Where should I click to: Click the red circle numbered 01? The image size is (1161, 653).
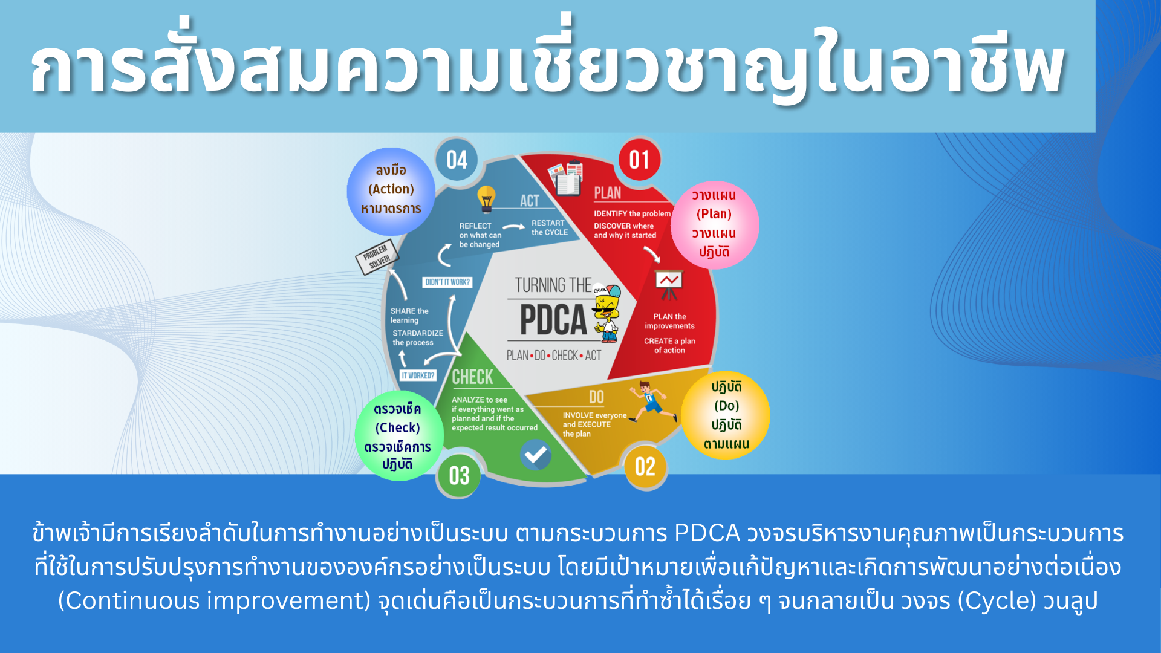click(x=639, y=160)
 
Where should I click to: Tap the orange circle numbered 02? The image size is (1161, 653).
click(x=645, y=467)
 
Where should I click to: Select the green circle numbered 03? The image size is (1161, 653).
click(x=459, y=476)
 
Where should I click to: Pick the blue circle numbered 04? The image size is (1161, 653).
click(x=457, y=160)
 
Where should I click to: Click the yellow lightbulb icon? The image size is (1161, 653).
click(x=487, y=200)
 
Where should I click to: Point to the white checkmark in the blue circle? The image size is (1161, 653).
click(x=536, y=455)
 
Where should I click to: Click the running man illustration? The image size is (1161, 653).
click(x=652, y=402)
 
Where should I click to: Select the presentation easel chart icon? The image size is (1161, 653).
click(x=669, y=285)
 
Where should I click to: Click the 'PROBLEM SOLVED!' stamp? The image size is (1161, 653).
click(x=377, y=257)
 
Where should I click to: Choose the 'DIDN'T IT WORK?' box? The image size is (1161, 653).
click(x=447, y=282)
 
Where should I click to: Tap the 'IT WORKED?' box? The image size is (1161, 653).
click(x=418, y=375)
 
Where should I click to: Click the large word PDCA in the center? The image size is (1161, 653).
click(x=553, y=320)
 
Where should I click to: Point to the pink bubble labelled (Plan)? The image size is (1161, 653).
click(x=715, y=224)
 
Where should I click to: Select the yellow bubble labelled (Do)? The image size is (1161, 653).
click(x=726, y=415)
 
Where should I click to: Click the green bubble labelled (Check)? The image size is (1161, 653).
click(x=398, y=436)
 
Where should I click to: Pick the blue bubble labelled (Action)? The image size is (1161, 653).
click(x=391, y=191)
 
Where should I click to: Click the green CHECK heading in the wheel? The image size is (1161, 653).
click(x=473, y=377)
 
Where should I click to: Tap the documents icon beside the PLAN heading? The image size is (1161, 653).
click(x=566, y=178)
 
